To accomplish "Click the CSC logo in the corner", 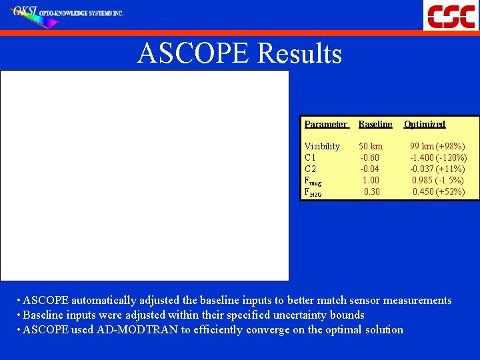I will coord(451,15).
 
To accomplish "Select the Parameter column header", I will coord(325,124).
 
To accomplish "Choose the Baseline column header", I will coord(375,124).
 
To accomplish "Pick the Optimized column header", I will coord(425,124).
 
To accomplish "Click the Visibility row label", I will coord(322,146).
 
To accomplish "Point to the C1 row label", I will coord(310,157).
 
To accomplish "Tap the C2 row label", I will coord(310,169).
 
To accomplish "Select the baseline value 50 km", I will coord(371,146).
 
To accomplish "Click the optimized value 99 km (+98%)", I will coord(437,146).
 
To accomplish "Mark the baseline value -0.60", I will coord(370,157).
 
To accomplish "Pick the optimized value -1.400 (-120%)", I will coord(438,157).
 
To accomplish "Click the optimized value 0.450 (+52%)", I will coord(439,191).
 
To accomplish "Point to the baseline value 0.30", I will coord(372,191).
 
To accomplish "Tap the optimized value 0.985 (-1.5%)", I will coord(438,180).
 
